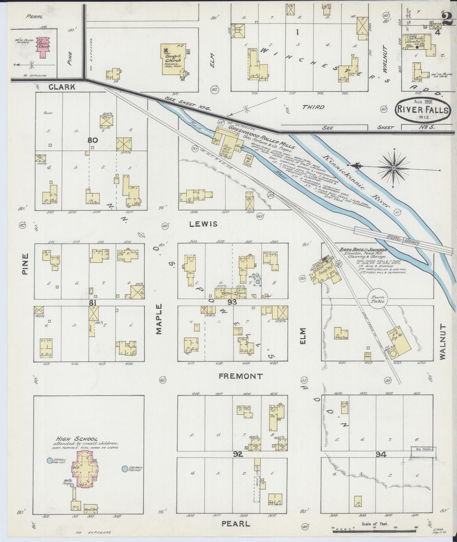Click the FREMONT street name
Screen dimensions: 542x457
point(241,376)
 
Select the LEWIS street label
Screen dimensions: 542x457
point(203,224)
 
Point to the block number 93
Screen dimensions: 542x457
point(232,302)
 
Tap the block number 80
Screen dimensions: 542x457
point(93,140)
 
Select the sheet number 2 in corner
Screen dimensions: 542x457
point(447,19)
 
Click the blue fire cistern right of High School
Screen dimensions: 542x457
point(125,470)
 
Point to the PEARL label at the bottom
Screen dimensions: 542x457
point(236,524)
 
